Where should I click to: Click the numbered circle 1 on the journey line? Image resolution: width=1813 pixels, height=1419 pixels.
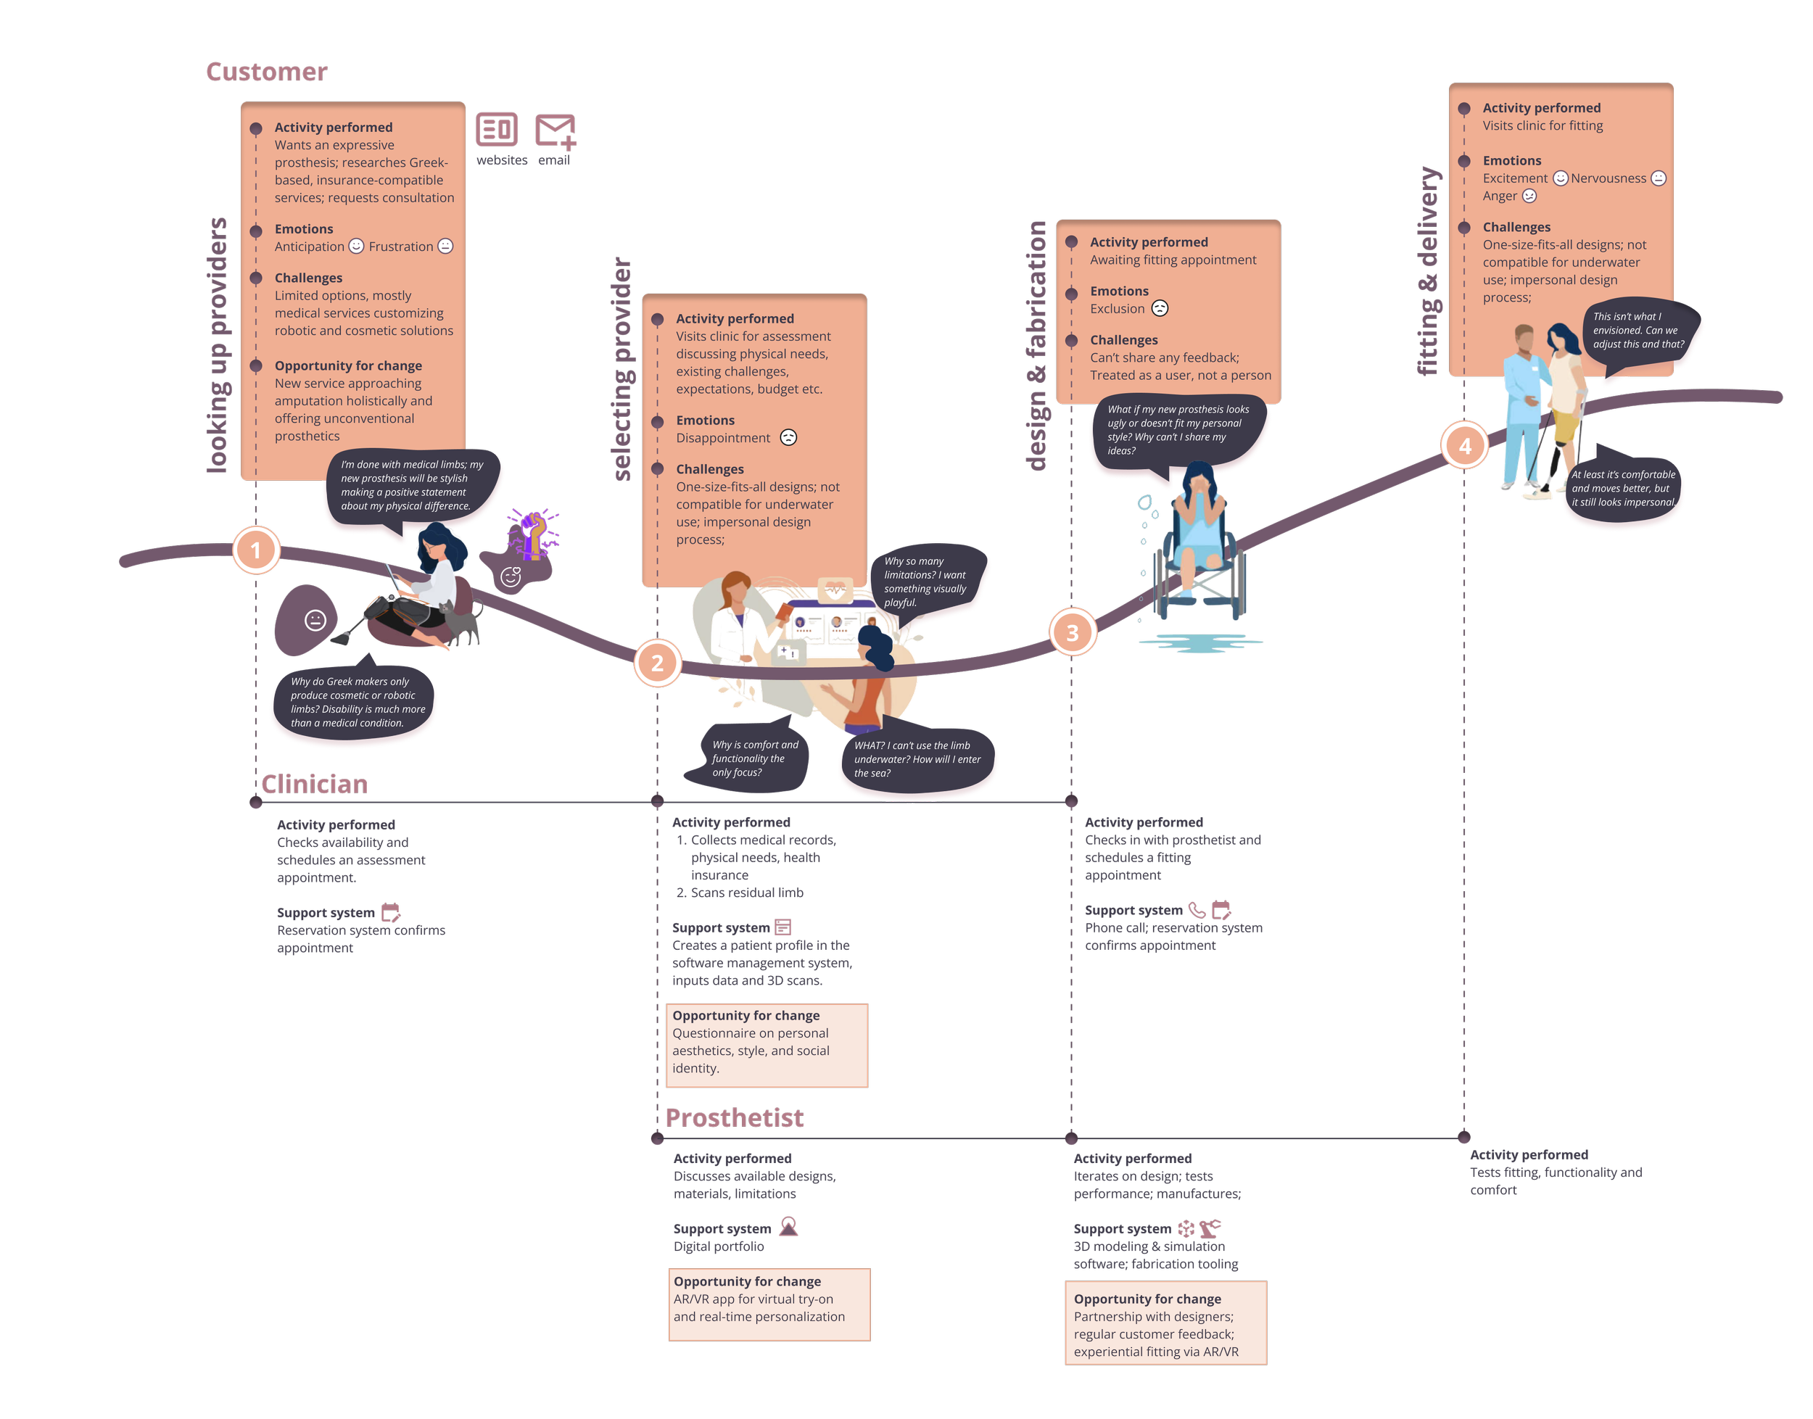click(x=256, y=550)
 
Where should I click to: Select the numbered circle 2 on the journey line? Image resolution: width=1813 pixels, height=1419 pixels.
click(x=657, y=663)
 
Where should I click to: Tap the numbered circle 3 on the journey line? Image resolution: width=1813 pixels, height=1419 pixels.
click(x=1072, y=632)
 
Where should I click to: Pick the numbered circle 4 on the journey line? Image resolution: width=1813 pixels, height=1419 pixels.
click(x=1464, y=446)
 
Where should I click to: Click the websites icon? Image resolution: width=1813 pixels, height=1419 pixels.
click(x=497, y=131)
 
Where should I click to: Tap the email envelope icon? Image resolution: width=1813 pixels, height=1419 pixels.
click(x=555, y=131)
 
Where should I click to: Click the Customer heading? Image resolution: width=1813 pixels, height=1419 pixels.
click(x=267, y=73)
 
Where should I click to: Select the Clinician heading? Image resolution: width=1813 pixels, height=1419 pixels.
click(x=314, y=785)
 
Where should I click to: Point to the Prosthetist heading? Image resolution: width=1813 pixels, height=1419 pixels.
click(x=735, y=1118)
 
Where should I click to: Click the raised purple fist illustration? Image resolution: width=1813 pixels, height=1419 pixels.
click(x=532, y=532)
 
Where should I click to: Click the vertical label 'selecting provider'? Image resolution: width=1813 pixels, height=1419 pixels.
click(x=622, y=370)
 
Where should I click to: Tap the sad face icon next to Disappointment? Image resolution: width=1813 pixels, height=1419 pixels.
click(x=788, y=438)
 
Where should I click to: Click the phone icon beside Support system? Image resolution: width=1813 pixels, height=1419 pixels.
click(x=1197, y=910)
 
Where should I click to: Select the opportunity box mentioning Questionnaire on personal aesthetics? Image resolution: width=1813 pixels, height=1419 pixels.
click(x=767, y=1045)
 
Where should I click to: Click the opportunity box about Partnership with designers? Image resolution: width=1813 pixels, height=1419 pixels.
click(x=1165, y=1323)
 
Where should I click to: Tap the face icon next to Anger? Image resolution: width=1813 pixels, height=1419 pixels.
click(x=1529, y=196)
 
